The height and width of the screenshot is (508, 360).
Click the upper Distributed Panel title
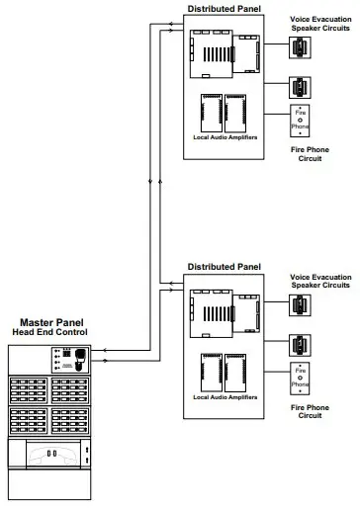(x=224, y=9)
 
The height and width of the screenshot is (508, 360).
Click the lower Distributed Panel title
(x=224, y=267)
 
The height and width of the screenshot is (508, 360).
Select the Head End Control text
(x=48, y=332)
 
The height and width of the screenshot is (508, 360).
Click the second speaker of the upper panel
(x=298, y=85)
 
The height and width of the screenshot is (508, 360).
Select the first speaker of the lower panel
(x=298, y=307)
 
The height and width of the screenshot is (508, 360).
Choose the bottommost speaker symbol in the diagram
(x=298, y=344)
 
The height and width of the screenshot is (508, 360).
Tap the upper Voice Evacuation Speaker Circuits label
(x=318, y=24)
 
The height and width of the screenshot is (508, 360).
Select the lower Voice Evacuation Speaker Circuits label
(x=318, y=283)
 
